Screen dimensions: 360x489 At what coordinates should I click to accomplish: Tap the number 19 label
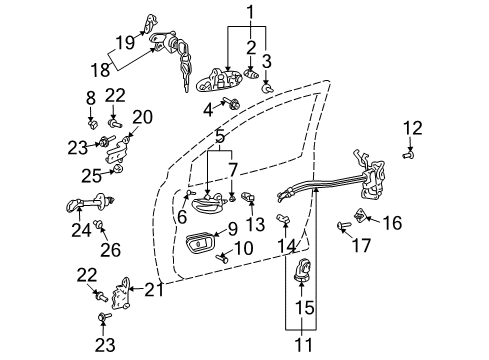pos(124,42)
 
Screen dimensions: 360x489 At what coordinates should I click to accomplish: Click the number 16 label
pos(391,223)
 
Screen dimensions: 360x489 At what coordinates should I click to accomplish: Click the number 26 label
pos(110,249)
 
